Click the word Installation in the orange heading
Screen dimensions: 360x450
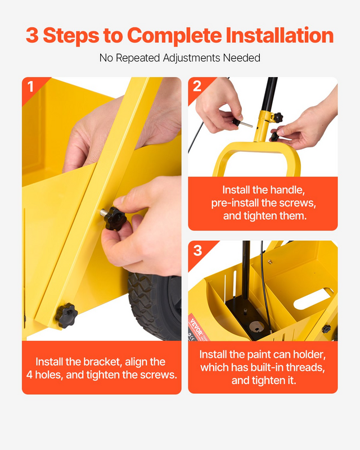tap(280, 35)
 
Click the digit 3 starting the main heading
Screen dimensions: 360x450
tap(32, 35)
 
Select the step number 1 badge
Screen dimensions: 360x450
tap(30, 87)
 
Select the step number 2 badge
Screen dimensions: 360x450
tap(197, 86)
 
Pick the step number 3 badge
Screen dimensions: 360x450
tap(197, 250)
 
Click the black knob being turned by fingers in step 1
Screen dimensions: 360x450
tap(115, 218)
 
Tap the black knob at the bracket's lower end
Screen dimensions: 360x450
tap(66, 316)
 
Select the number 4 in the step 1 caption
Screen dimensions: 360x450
tap(29, 375)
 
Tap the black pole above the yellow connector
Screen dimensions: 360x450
tap(269, 94)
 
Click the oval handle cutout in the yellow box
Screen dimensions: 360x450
tap(313, 299)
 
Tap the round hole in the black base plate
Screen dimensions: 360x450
tap(256, 325)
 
